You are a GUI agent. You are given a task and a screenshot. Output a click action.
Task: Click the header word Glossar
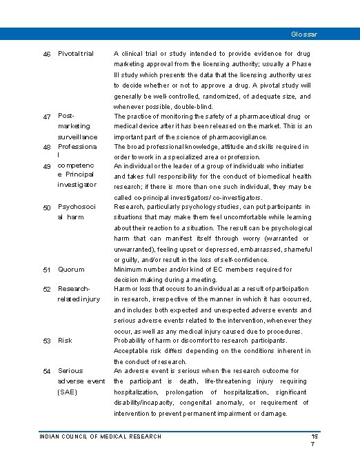point(304,33)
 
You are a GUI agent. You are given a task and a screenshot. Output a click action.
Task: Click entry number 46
point(47,54)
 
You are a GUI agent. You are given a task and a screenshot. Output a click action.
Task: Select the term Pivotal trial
point(76,54)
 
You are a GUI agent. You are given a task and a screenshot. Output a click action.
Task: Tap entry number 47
point(47,117)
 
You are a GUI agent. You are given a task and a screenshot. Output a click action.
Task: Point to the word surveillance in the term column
point(77,137)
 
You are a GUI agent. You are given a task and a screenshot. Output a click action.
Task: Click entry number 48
point(47,148)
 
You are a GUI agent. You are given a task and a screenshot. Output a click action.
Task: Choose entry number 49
point(47,167)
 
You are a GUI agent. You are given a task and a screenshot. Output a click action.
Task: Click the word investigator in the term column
point(77,185)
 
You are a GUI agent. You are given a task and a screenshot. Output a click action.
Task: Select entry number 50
point(47,208)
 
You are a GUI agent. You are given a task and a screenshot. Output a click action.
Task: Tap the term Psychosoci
point(77,207)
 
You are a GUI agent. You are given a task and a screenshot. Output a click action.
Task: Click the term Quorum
point(71,270)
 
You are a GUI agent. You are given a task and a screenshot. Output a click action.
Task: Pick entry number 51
point(47,270)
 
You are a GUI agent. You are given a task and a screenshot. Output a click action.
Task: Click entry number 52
point(47,289)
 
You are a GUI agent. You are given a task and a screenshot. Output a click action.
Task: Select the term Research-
point(74,289)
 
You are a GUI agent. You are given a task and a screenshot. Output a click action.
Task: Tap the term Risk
point(65,341)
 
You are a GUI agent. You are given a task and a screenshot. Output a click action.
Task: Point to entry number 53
point(47,341)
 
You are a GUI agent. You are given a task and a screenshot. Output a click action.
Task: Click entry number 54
point(47,372)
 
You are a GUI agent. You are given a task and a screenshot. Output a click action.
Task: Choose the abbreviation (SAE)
point(68,392)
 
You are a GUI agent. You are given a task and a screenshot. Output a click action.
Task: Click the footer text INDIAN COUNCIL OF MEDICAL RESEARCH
point(101,436)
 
